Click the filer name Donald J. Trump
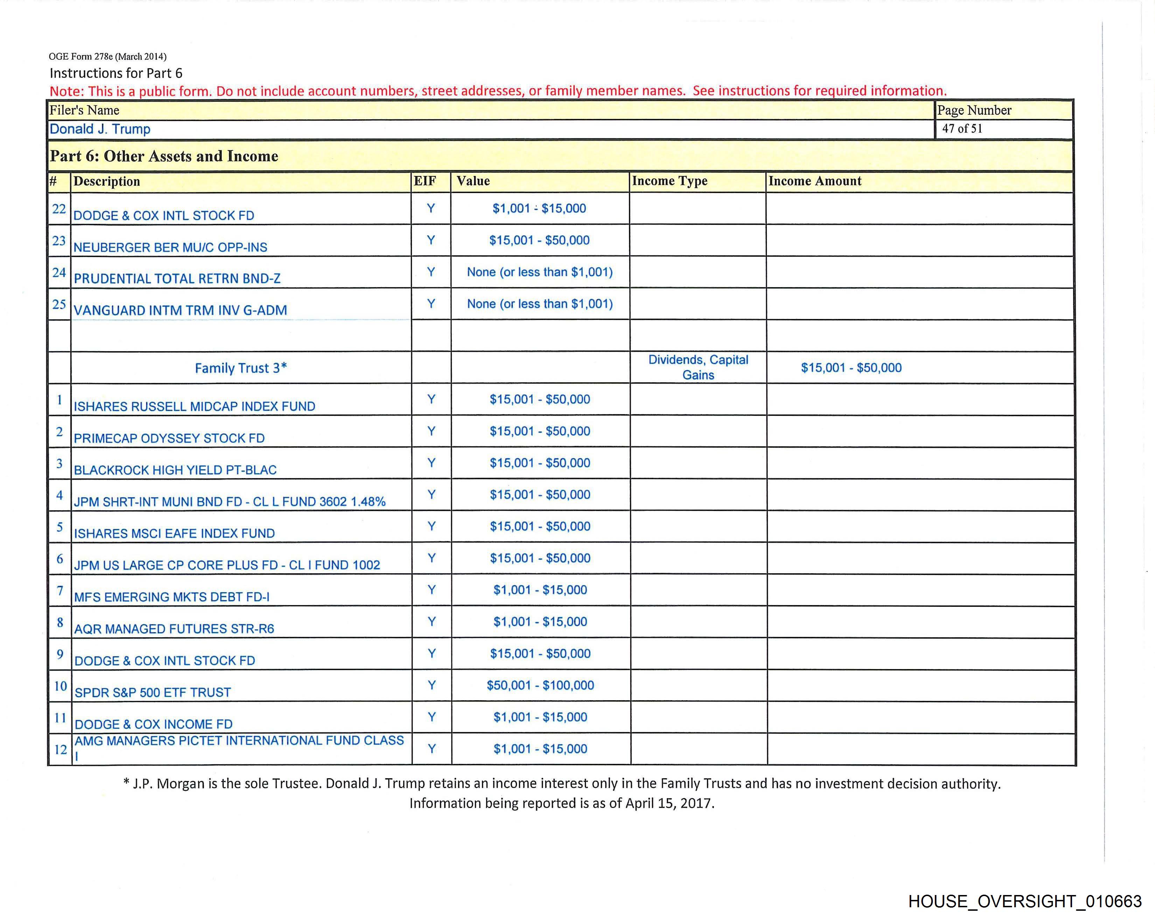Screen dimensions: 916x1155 100,129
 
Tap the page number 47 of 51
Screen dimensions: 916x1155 962,128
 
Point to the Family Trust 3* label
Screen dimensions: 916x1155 240,368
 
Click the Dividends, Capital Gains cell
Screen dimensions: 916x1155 698,367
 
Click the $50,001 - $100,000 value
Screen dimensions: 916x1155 540,685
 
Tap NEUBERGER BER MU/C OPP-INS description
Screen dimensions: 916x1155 170,247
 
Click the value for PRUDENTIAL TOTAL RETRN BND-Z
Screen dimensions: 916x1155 539,272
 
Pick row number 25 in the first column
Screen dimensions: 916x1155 59,304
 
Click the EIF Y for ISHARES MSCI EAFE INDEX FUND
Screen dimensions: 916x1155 431,526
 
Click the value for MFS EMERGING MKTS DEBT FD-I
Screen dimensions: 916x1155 540,590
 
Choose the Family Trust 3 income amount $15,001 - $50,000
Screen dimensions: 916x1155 851,368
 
